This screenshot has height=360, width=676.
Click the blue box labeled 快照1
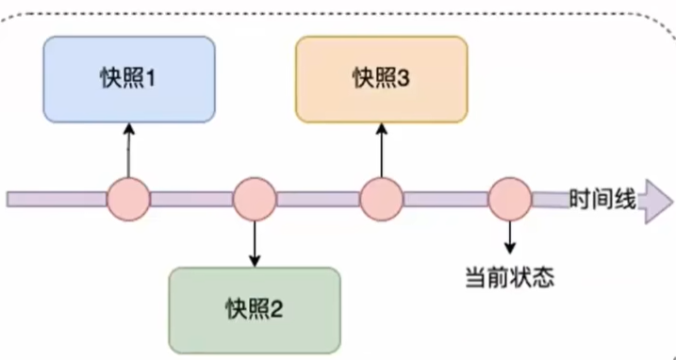[129, 79]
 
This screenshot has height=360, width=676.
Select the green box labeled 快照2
[254, 309]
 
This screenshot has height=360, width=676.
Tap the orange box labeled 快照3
[381, 79]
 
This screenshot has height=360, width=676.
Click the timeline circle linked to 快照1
[128, 199]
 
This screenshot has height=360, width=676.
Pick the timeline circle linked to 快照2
[254, 199]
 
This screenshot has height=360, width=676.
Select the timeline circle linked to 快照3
[381, 199]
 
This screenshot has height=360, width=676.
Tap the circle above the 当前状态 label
[510, 199]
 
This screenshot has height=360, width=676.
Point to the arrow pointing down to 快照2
[254, 244]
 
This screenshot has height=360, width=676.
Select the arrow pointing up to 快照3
[381, 151]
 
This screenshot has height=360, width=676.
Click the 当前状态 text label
[509, 277]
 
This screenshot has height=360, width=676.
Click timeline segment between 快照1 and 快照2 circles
[190, 199]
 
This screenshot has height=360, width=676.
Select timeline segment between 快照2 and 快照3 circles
[317, 199]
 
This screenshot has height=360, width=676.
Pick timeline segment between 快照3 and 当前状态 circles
[445, 199]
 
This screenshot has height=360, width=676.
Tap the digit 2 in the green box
[277, 309]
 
